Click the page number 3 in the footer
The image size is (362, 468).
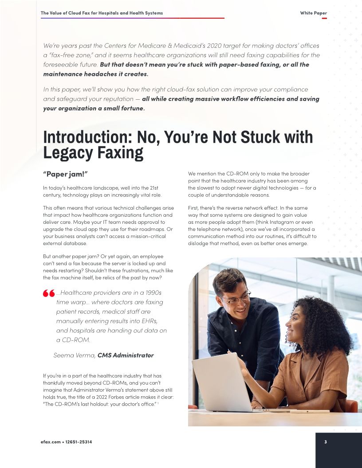pos(325,442)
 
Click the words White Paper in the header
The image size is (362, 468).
pos(313,13)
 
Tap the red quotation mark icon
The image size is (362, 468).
pos(48,293)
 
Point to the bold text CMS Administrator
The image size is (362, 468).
pos(126,355)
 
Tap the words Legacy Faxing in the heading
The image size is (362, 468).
pos(93,153)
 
